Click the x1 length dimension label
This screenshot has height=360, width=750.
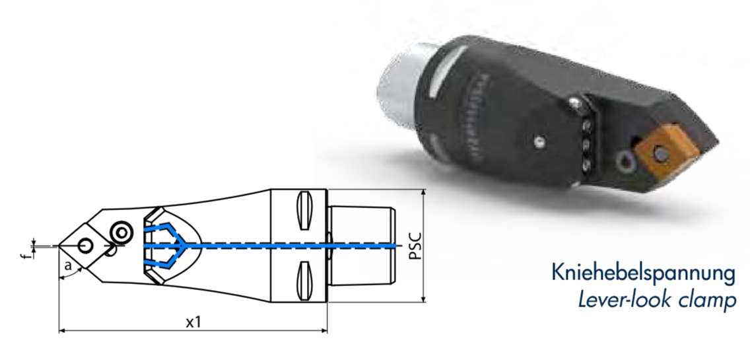click(x=193, y=322)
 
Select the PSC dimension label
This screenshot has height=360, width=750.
click(x=415, y=246)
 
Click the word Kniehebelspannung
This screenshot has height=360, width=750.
click(x=643, y=272)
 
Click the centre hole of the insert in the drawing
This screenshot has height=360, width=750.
click(x=84, y=246)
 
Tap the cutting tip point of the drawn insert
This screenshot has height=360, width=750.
click(x=59, y=246)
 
